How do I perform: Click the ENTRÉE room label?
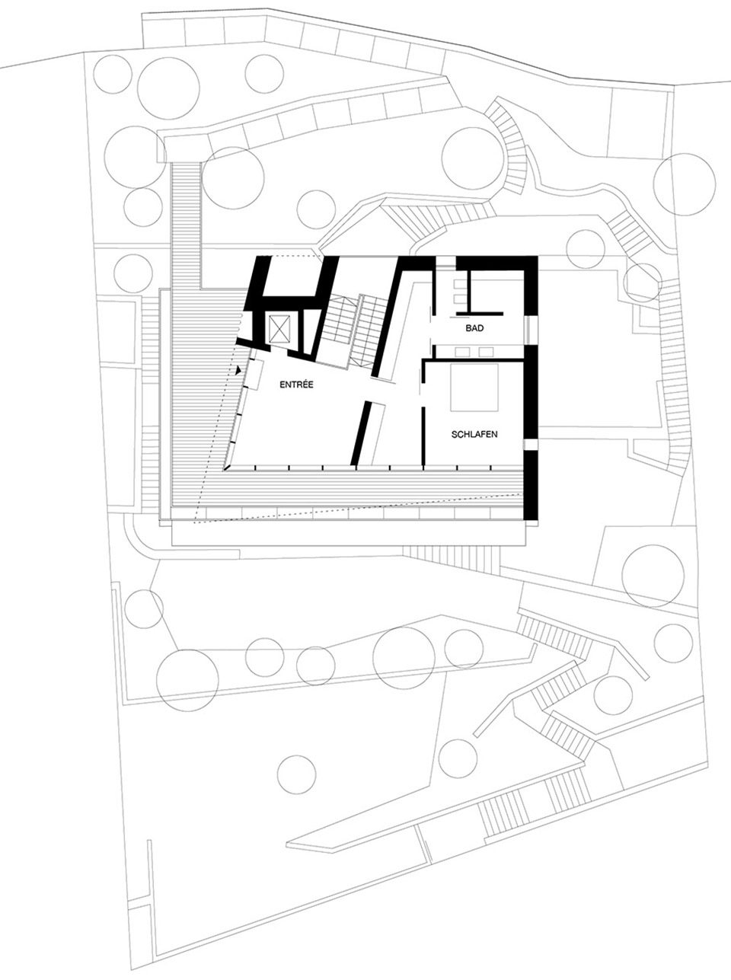296,384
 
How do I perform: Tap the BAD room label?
474,328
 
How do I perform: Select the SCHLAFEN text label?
474,435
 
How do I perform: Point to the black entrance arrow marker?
239,369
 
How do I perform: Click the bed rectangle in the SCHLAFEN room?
474,387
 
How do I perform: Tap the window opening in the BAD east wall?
530,329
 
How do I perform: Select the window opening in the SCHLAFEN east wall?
530,445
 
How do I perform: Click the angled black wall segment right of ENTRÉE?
361,433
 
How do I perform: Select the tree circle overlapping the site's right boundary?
684,184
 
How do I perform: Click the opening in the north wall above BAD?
445,262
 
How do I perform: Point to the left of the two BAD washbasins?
462,352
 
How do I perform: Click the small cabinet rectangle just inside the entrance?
258,375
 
